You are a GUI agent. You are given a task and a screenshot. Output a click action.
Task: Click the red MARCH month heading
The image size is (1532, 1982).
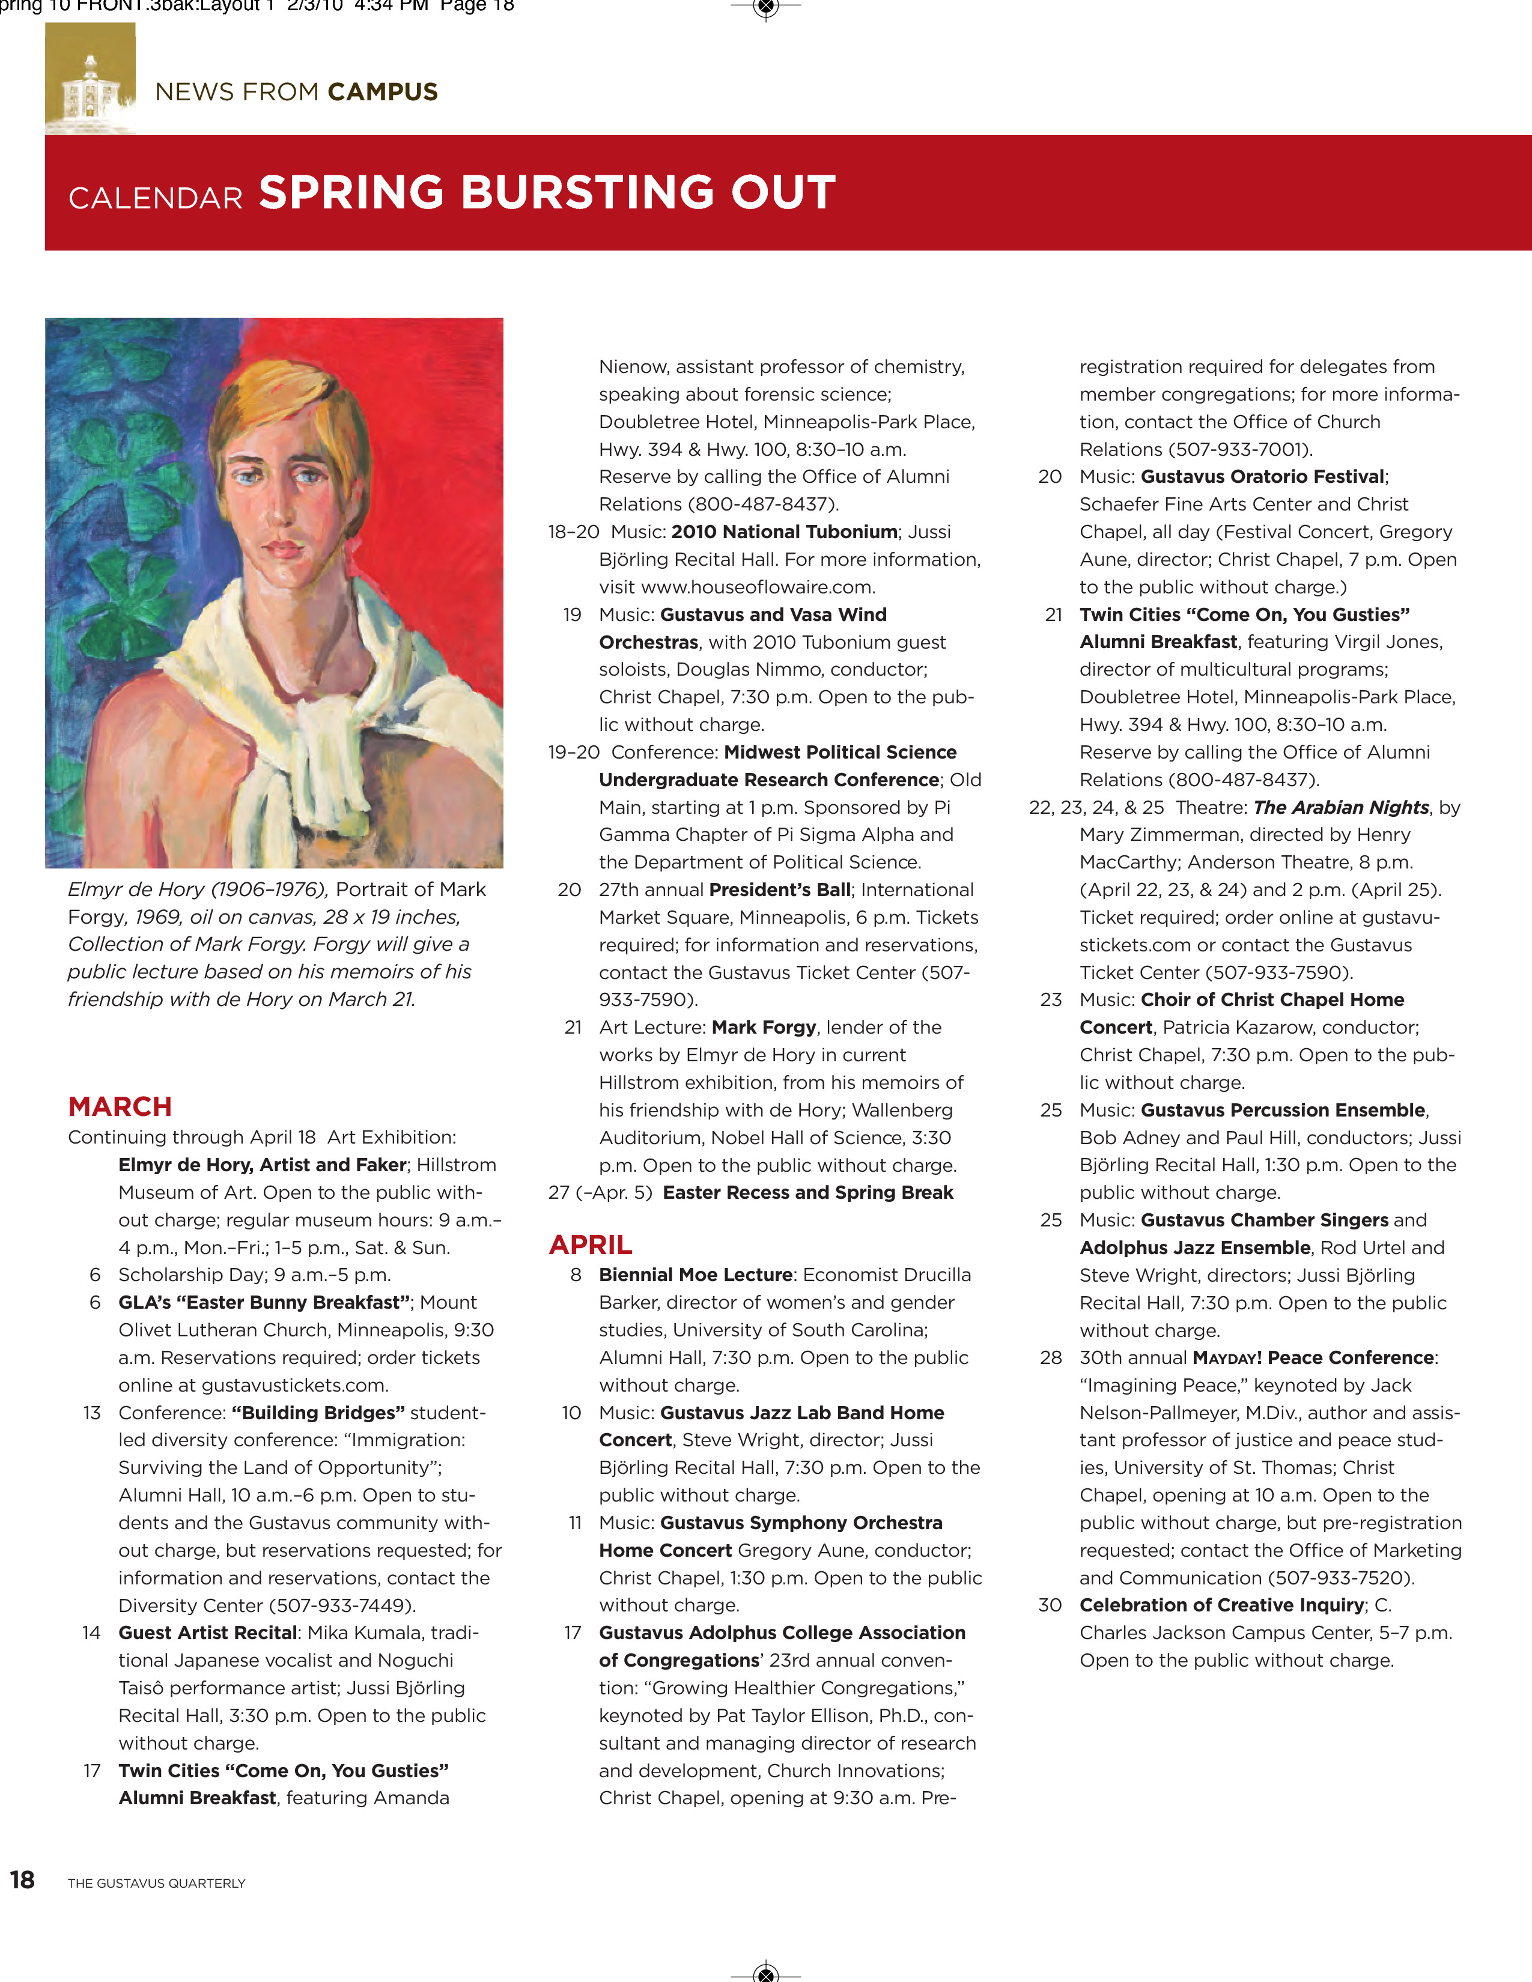(x=120, y=1106)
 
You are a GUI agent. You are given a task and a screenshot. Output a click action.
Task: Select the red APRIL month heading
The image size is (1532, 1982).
(x=590, y=1244)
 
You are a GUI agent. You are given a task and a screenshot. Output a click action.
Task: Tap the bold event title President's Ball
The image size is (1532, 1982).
(x=780, y=889)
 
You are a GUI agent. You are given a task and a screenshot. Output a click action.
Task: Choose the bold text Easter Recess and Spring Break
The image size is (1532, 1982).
(x=807, y=1192)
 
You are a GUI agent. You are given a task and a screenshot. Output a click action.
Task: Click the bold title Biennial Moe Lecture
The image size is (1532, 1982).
(x=695, y=1275)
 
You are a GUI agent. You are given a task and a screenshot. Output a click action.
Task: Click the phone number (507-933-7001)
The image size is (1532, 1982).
(x=1240, y=449)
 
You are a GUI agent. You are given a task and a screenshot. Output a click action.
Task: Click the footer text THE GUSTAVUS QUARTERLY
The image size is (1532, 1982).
(x=156, y=1883)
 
